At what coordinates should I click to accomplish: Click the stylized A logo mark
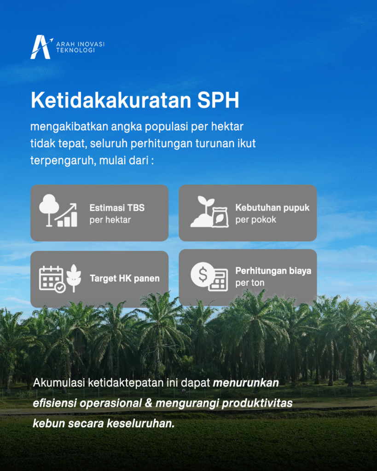41,47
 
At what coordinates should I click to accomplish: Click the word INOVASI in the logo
91,44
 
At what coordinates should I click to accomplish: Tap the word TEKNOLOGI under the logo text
75,51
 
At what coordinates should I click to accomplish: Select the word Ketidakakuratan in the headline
111,100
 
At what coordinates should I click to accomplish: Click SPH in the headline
218,100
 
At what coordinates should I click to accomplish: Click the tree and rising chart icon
58,211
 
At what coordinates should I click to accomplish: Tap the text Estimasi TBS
117,207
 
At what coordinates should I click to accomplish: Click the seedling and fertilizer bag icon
208,212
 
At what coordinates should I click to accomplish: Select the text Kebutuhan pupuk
273,207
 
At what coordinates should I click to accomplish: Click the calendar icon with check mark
52,279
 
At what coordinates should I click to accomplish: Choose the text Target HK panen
125,278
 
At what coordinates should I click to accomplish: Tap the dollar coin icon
203,275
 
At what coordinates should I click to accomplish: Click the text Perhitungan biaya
273,271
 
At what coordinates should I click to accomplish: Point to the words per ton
250,283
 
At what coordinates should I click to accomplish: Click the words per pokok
255,220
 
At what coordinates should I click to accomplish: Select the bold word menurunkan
246,383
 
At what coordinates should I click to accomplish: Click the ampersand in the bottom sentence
149,403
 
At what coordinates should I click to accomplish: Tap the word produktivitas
257,403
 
